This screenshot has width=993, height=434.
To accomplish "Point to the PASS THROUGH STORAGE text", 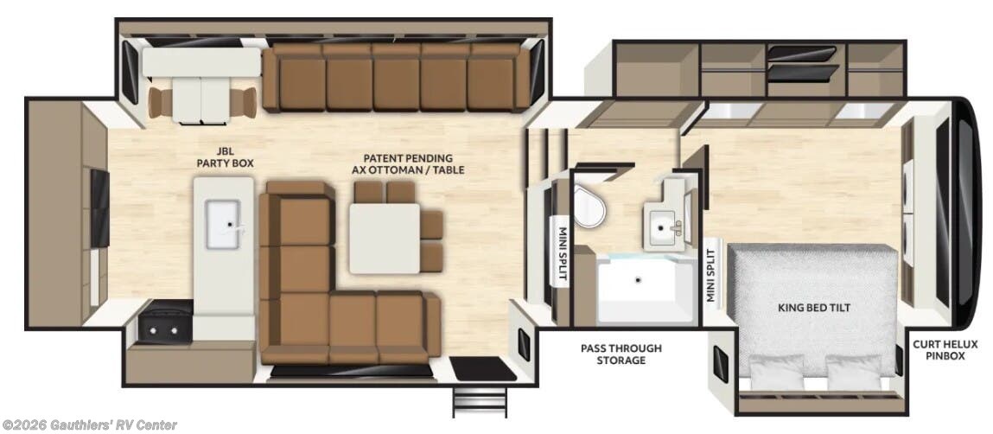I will tap(620, 354).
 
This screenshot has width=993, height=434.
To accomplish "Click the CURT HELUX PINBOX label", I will tap(945, 349).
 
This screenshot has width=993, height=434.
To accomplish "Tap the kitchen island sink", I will tap(229, 223).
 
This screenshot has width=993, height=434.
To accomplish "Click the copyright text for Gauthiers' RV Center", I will tap(89, 424).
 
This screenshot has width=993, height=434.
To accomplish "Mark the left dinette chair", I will tap(160, 103).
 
